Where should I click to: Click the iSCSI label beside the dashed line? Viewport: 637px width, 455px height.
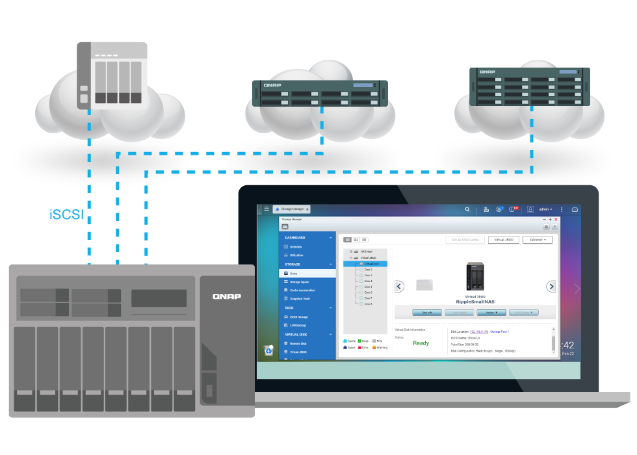pos(66,214)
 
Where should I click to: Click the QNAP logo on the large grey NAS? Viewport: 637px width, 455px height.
pos(227,296)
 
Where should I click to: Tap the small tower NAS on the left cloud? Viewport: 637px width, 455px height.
pos(112,75)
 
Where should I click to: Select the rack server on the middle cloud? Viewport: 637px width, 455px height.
pos(320,93)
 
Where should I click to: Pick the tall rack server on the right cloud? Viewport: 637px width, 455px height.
pos(530,86)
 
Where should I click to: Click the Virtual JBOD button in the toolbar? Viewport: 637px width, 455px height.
pos(504,240)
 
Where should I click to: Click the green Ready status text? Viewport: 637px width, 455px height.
pos(421,343)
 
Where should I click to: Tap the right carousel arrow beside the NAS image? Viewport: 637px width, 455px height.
pos(551,286)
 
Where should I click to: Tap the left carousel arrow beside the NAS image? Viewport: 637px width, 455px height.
pos(400,286)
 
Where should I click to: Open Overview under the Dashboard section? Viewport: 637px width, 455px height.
pos(296,247)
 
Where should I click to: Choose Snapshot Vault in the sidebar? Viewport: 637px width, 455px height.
pos(299,298)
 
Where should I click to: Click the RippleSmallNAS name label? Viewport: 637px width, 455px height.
pos(476,302)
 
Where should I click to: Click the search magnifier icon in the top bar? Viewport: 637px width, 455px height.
pos(467,209)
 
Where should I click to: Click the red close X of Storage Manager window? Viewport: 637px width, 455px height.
pos(556,220)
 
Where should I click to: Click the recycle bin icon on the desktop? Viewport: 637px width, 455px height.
pos(268,350)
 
